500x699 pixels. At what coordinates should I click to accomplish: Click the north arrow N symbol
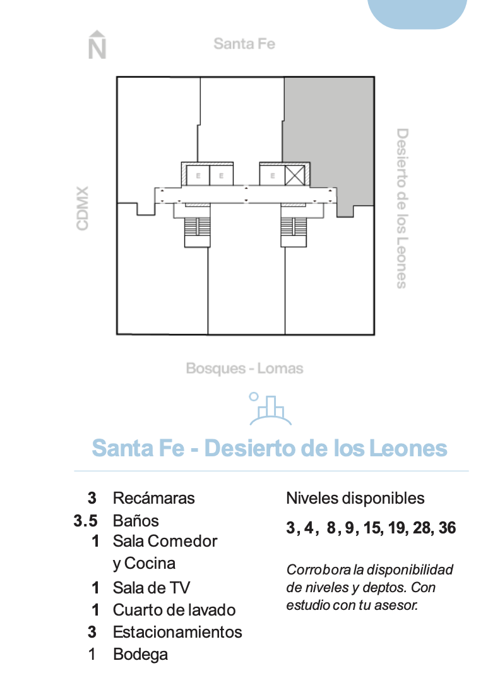click(97, 45)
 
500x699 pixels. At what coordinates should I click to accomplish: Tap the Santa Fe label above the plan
click(244, 44)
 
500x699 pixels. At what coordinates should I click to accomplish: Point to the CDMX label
click(82, 208)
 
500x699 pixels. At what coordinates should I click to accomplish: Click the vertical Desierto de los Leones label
click(402, 208)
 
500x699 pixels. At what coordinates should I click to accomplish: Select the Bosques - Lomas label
click(244, 368)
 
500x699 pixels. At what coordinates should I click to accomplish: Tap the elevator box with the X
click(295, 175)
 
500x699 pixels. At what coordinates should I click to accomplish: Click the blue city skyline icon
click(270, 409)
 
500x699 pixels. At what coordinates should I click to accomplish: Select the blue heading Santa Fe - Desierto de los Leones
click(270, 448)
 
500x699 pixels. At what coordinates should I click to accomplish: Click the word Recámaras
click(153, 498)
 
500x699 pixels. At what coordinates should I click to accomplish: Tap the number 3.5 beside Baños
click(85, 521)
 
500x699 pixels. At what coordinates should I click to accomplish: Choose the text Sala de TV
click(152, 588)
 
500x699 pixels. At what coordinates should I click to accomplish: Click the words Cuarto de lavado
click(174, 610)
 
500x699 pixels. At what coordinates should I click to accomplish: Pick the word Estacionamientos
click(177, 632)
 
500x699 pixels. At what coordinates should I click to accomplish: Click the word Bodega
click(140, 654)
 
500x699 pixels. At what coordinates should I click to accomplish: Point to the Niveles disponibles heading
click(355, 499)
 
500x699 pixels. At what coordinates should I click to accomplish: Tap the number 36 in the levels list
click(447, 528)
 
